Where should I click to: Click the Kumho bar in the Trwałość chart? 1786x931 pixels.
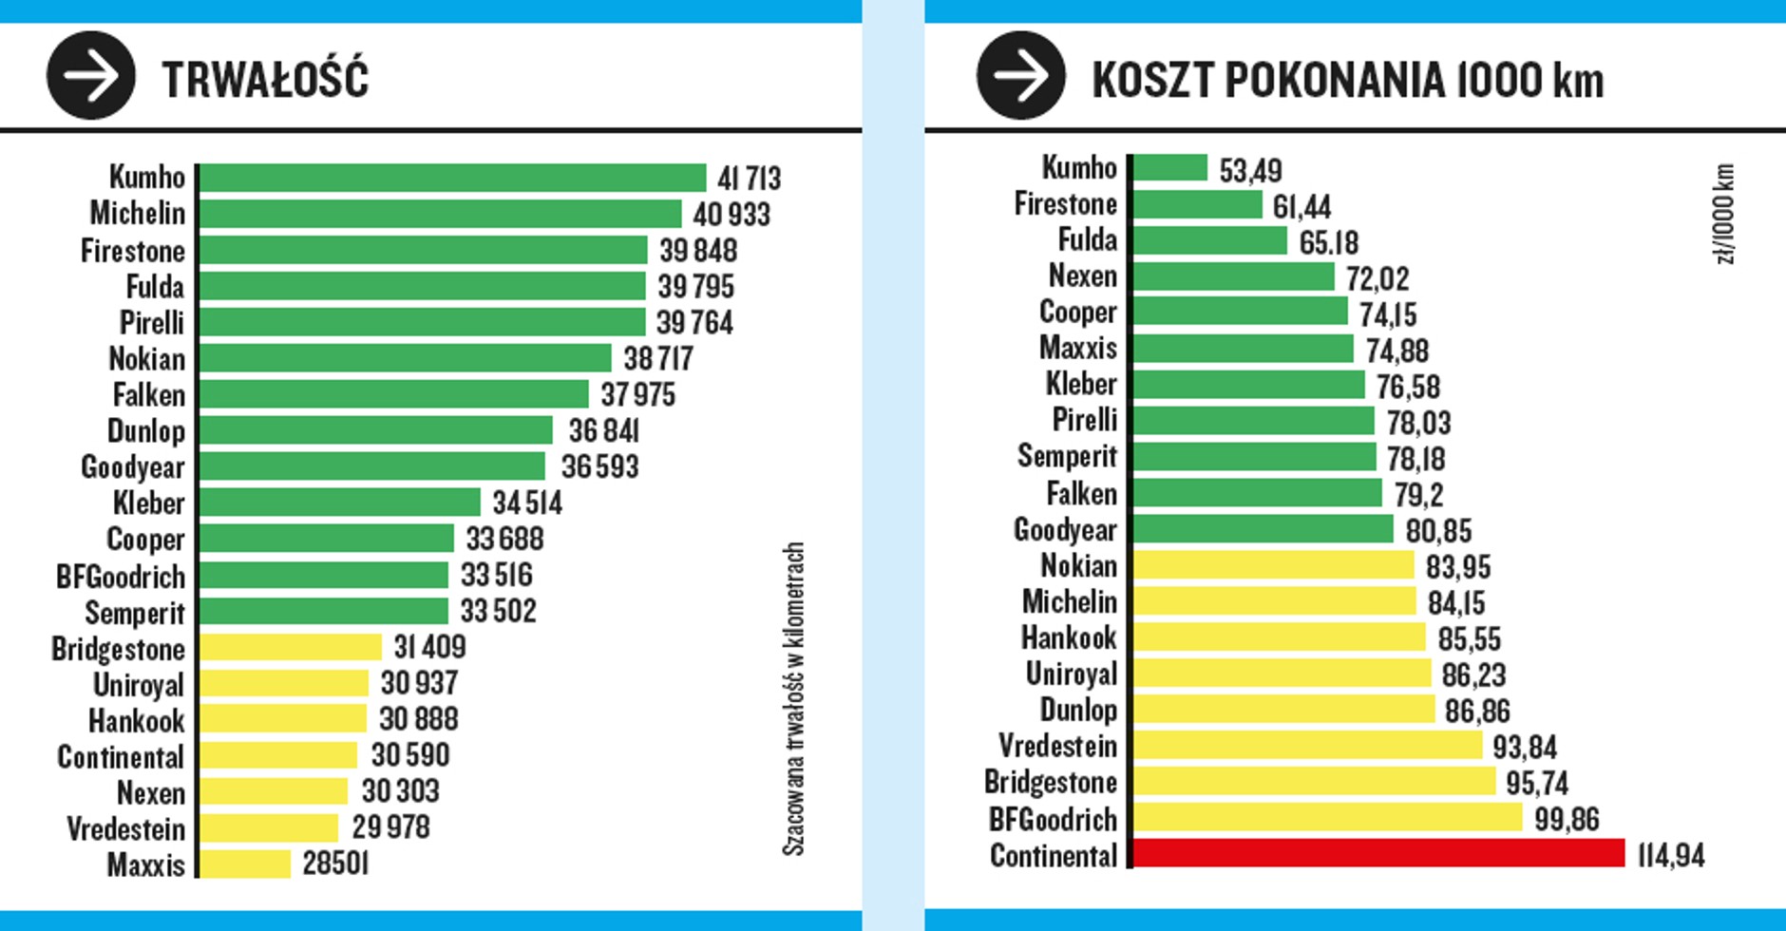[x=452, y=178]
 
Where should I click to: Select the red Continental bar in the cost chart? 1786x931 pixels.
[x=1378, y=853]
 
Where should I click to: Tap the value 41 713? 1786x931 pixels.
[x=749, y=179]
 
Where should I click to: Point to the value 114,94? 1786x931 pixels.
[x=1670, y=855]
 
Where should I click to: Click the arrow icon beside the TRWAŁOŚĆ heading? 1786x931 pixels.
[x=91, y=76]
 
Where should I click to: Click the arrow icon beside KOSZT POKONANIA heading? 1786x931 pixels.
[x=1021, y=76]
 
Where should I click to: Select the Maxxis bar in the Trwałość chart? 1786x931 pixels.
[x=245, y=864]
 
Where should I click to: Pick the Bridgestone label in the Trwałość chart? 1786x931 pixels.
[x=118, y=649]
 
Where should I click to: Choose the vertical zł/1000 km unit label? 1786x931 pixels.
[x=1726, y=214]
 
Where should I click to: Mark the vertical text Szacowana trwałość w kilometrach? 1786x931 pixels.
[x=793, y=698]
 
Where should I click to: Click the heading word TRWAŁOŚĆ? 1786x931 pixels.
[x=265, y=79]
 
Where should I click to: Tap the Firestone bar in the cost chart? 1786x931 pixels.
[x=1197, y=204]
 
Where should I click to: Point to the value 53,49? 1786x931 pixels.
[x=1250, y=171]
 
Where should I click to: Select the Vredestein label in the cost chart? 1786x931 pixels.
[x=1057, y=746]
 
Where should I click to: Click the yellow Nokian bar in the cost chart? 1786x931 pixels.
[x=1273, y=565]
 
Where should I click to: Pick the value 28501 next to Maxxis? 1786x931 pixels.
[x=335, y=864]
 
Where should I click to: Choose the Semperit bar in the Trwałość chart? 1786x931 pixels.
[x=324, y=611]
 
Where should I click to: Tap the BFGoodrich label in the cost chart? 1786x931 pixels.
[x=1053, y=819]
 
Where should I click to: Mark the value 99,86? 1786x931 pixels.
[x=1567, y=819]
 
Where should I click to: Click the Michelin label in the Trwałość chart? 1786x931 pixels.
[x=137, y=213]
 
